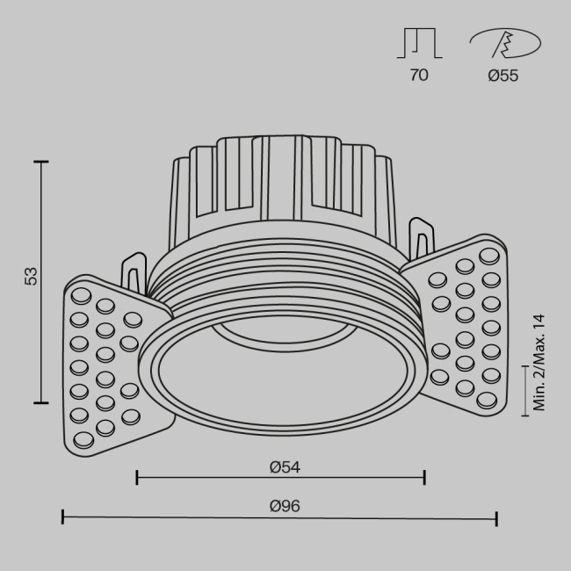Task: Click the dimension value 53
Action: (32, 277)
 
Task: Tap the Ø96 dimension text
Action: (280, 505)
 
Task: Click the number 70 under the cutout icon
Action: (419, 76)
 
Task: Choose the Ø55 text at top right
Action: (502, 76)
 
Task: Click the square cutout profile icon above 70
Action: (419, 43)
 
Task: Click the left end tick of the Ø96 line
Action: (62, 517)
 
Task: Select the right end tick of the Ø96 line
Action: (497, 517)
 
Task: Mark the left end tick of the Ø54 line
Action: (137, 478)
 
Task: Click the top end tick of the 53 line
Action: (40, 162)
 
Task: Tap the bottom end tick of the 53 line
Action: (40, 402)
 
